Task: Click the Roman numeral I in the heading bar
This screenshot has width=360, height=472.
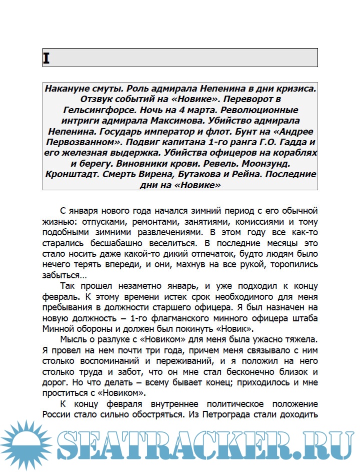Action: pos(46,58)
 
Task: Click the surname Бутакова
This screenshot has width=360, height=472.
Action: pos(206,175)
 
